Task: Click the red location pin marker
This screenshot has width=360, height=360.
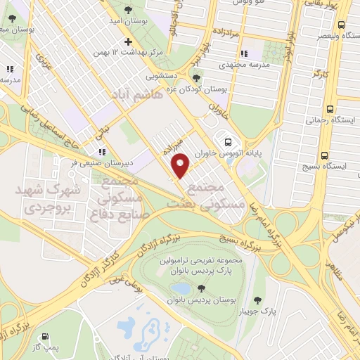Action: pos(181,165)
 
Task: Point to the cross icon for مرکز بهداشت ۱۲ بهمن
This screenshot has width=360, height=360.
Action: pos(127,40)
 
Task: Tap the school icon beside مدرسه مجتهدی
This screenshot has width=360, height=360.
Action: pos(243,53)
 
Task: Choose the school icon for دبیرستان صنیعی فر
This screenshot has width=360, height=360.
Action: pos(102,151)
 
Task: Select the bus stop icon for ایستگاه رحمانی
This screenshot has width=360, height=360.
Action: pos(330,109)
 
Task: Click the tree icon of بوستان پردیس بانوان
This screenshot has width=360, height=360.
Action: pos(201,288)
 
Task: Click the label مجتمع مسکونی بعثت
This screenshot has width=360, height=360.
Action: pos(205,195)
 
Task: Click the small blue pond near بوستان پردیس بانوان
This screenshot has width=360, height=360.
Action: pos(180,288)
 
